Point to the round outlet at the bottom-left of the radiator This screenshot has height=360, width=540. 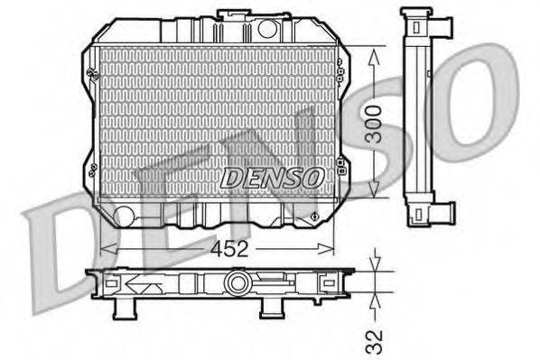click(x=124, y=215)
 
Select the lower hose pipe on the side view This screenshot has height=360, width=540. click(x=442, y=213)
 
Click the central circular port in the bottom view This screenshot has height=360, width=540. click(x=237, y=283)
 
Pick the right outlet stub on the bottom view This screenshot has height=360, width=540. click(x=270, y=309)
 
